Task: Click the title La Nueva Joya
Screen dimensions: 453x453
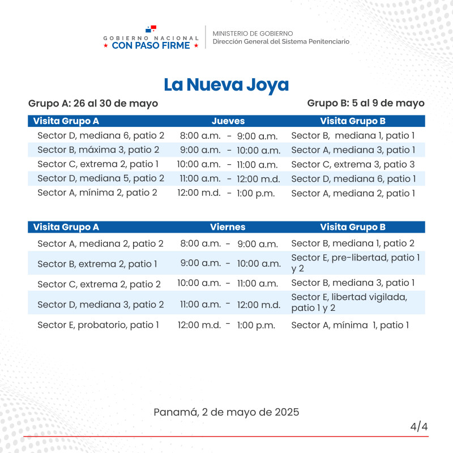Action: click(226, 85)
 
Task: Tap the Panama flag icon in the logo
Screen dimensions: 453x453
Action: click(151, 29)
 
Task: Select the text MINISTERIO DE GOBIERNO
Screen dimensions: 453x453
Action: click(253, 33)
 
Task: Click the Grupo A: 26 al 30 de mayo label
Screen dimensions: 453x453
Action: click(93, 104)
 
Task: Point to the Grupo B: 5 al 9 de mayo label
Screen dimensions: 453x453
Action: click(366, 104)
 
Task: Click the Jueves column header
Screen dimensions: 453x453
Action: click(228, 121)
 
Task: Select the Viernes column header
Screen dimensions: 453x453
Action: click(228, 227)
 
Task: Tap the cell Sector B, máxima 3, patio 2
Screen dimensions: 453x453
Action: click(99, 150)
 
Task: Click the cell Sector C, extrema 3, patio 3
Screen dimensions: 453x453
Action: click(353, 165)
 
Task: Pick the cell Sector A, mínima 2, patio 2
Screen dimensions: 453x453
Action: click(97, 193)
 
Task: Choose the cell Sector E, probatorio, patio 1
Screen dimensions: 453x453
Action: click(99, 325)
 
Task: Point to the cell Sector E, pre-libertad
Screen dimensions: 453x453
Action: click(355, 263)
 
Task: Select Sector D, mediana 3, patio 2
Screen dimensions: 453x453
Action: click(101, 305)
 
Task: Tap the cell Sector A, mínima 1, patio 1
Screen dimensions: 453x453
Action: click(350, 325)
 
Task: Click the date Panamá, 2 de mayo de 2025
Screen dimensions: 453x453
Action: click(226, 412)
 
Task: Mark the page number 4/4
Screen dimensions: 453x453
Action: click(419, 426)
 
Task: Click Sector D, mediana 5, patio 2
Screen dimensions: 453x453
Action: click(101, 178)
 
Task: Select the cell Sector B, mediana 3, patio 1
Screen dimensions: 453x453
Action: click(353, 283)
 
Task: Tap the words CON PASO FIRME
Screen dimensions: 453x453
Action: click(151, 46)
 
